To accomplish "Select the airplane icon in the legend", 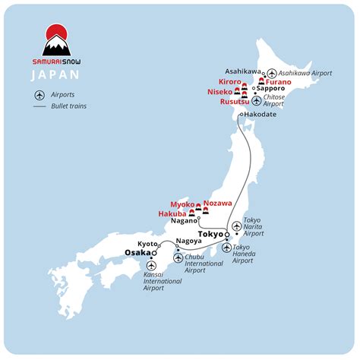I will [x=39, y=94].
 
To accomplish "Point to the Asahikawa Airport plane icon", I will [x=271, y=73].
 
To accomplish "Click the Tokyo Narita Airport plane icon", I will [x=237, y=226].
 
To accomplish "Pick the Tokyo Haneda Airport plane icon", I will [x=228, y=248].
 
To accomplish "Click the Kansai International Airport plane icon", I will [x=152, y=266].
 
